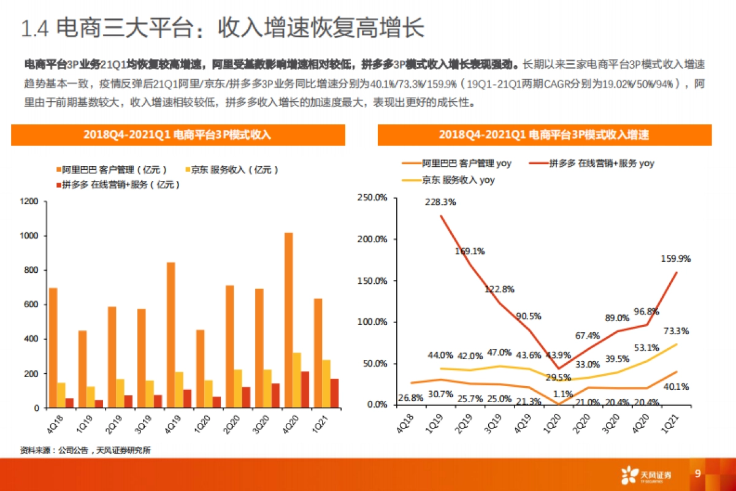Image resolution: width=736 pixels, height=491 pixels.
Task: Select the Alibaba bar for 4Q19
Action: (171, 335)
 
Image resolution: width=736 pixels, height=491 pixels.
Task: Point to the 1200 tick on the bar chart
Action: (29, 202)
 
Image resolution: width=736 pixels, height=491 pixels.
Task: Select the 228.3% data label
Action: (440, 202)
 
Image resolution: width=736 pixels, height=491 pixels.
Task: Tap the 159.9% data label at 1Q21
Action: (676, 259)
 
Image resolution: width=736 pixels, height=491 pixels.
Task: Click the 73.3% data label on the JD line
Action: (676, 331)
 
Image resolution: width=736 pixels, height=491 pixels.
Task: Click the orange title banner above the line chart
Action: (544, 135)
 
